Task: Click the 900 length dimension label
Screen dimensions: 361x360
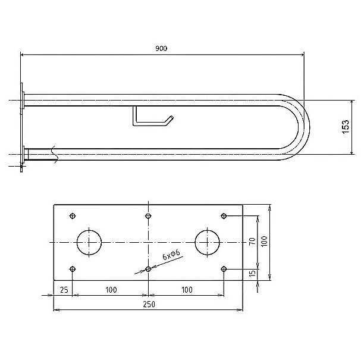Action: [161, 48]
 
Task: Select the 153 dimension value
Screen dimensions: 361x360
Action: [346, 127]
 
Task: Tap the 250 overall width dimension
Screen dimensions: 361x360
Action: [149, 304]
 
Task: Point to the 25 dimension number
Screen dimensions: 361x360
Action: [64, 290]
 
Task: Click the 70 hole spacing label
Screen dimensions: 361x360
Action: [252, 241]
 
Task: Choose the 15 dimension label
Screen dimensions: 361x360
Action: [253, 273]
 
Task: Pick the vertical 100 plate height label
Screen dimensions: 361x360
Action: [264, 241]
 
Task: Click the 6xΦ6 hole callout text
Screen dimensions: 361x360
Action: [171, 255]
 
